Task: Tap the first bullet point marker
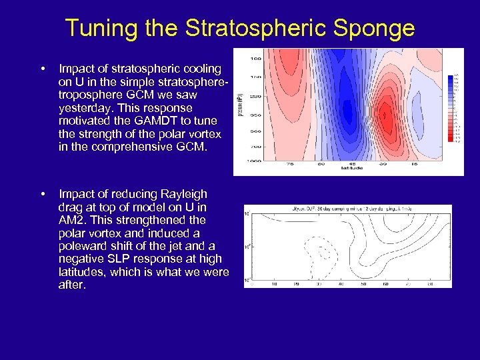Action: coord(43,69)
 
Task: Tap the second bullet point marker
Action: coord(43,194)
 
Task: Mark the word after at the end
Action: coord(72,285)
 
